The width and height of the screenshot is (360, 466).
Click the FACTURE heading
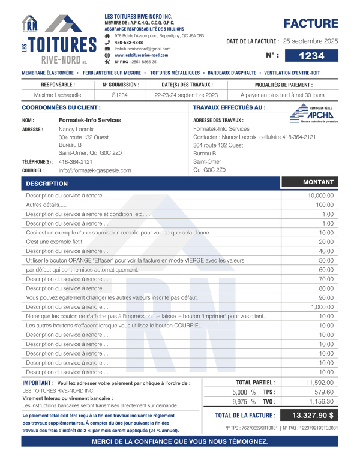coord(311,24)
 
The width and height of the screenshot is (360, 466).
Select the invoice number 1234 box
coord(311,56)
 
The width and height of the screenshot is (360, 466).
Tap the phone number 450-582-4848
coord(128,43)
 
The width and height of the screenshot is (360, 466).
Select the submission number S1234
coord(120,95)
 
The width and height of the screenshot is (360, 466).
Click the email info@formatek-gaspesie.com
coord(95,170)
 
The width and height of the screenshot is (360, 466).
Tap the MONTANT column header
coord(318,182)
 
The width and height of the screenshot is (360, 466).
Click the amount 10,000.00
coord(320,196)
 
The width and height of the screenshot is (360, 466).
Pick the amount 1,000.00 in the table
coord(322,307)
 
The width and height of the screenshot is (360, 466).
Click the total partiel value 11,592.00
coord(320,382)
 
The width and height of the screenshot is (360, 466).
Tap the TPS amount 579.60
coord(323,392)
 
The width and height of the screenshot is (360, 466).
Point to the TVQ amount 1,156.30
coord(322,401)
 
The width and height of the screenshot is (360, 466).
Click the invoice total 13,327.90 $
coord(313,415)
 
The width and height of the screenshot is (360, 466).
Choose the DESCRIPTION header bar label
coord(47,183)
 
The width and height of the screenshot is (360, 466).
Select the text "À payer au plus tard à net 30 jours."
coord(283,95)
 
